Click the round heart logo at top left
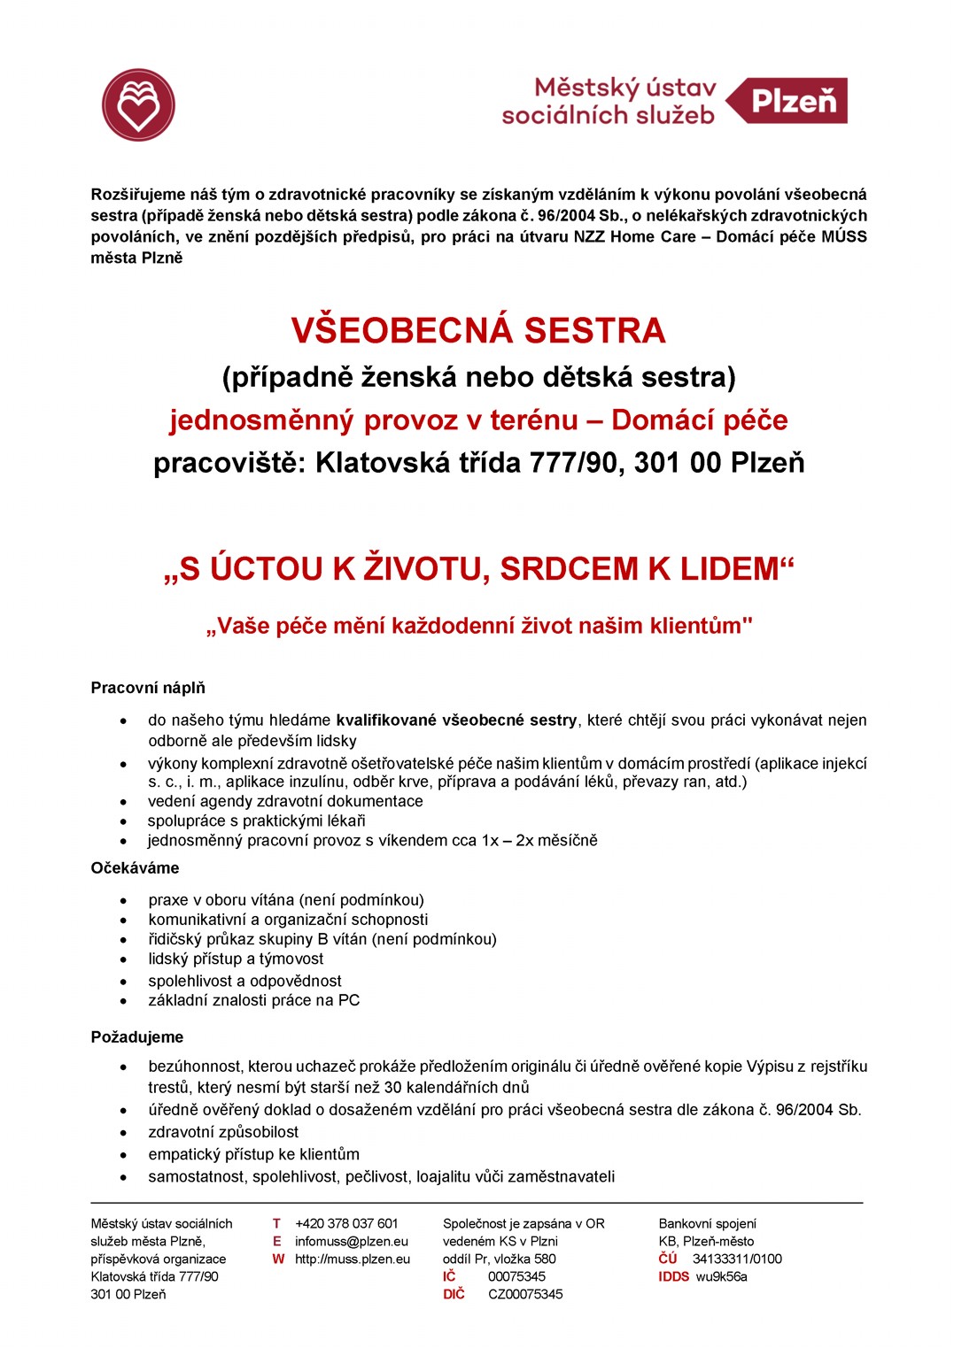138,105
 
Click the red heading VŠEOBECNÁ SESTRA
478,331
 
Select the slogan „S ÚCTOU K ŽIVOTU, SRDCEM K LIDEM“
478,569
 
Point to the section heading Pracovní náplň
148,688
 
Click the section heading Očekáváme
135,867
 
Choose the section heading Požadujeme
137,1036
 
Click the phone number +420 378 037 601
346,1223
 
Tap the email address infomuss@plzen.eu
352,1241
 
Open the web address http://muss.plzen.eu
353,1259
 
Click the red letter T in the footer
276,1223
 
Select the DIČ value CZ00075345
525,1294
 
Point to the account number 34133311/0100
737,1259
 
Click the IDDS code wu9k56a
721,1276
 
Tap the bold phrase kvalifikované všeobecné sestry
456,720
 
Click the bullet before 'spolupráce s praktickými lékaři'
125,821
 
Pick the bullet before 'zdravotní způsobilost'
125,1133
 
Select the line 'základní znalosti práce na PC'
253,1000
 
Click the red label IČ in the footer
449,1276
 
